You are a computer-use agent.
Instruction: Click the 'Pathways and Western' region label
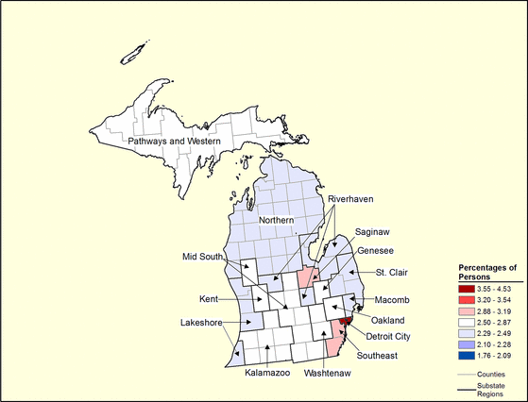175,142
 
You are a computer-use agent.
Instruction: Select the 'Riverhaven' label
351,200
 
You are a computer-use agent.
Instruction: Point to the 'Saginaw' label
373,231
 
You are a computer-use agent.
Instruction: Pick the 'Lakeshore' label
201,323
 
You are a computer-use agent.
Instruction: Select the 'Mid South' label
203,257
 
